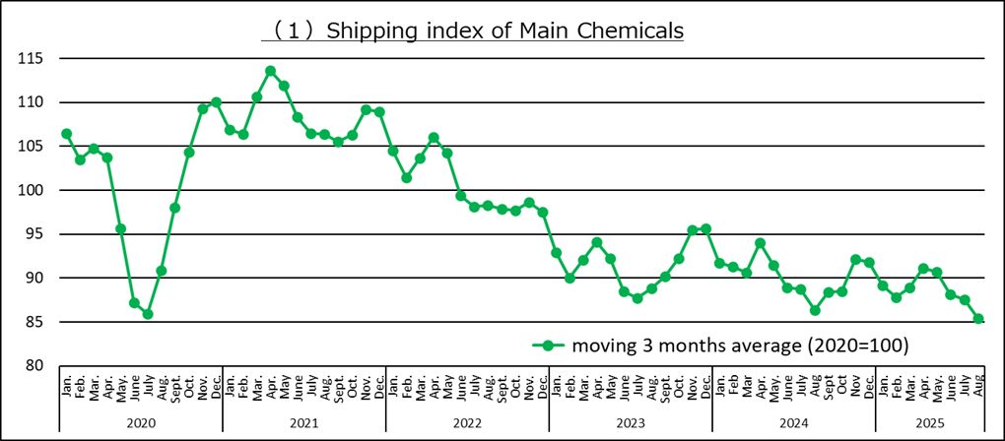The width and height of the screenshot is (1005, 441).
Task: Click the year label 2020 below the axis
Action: [141, 421]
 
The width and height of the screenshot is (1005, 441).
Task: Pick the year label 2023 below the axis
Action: [630, 421]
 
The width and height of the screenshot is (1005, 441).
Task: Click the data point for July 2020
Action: [148, 314]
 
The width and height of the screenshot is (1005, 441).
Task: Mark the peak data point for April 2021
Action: [270, 71]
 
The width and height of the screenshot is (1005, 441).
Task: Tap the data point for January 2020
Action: [66, 134]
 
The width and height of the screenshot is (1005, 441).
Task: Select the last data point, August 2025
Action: [978, 319]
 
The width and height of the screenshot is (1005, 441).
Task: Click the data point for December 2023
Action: [705, 229]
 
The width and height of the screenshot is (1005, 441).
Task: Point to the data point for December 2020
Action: [216, 102]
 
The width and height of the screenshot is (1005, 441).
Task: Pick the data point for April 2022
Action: [434, 138]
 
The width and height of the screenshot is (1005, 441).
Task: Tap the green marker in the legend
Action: [549, 346]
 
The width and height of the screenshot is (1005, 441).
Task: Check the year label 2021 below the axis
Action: [304, 421]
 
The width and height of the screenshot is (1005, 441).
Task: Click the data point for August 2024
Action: [815, 310]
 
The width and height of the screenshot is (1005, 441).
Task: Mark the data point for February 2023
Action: [569, 279]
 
